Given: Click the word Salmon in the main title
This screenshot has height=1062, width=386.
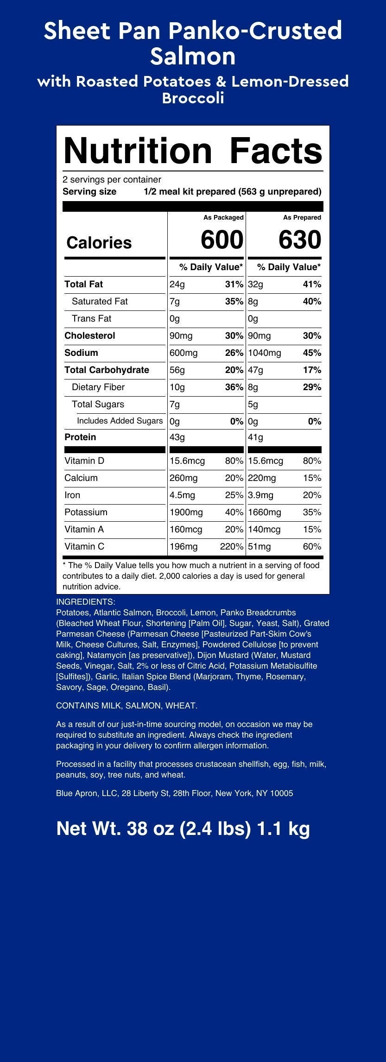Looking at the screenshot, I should [x=193, y=57].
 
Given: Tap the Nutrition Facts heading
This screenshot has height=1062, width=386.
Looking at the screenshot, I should [x=193, y=151].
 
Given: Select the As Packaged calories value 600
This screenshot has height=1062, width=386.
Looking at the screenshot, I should [x=222, y=240].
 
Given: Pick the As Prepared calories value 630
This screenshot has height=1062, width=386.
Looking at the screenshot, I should [x=300, y=240].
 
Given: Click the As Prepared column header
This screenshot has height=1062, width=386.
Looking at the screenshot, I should [x=302, y=217].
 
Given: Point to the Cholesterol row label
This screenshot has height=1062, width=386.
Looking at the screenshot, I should [x=90, y=335].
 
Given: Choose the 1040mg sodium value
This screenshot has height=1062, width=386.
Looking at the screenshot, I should [x=265, y=353].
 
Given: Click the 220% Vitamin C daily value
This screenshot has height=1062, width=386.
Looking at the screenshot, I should [x=232, y=546].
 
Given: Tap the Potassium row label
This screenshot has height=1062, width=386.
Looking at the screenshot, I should [x=86, y=512].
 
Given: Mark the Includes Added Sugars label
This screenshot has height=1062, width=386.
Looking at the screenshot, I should [x=120, y=421].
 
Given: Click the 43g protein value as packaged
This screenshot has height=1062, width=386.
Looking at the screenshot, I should [x=177, y=437].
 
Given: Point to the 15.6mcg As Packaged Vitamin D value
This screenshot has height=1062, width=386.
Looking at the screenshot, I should [x=187, y=461].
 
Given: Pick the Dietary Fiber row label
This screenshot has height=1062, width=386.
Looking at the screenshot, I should [x=98, y=387].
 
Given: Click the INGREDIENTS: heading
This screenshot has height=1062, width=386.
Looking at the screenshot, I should [x=85, y=602].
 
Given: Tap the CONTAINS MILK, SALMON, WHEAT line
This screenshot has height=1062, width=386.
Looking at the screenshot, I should [x=127, y=706].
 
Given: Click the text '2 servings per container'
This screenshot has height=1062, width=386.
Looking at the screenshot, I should [x=112, y=179].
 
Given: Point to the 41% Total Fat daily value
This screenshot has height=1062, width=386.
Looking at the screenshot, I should [x=312, y=284].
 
